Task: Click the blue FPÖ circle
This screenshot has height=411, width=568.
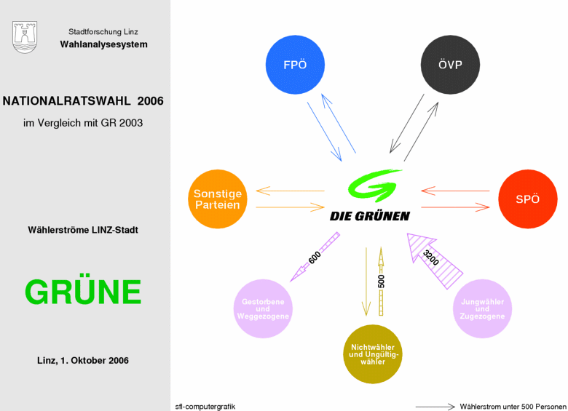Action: coord(295,65)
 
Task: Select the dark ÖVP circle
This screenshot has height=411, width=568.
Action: coord(450,65)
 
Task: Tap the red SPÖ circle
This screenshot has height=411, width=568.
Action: coord(528,199)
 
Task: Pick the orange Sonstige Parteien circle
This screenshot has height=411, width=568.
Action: coord(218,199)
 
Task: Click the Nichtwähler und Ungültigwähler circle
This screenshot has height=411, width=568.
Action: coord(373,354)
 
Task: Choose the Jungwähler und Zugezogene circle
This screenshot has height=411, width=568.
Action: coord(483,308)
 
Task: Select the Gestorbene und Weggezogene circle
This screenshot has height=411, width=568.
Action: coord(263,308)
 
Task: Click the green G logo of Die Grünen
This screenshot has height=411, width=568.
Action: coord(374,185)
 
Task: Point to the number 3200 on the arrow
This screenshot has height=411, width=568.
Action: coord(431,258)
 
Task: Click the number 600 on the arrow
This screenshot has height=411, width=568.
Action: coord(315,258)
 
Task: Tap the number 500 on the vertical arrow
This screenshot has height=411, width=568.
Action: coord(381,282)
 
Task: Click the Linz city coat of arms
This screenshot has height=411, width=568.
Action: coord(25,37)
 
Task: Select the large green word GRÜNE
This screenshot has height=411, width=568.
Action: coord(83,292)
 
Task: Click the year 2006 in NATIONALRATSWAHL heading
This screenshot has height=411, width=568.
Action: coord(150,100)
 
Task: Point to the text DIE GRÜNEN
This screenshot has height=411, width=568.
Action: coord(370,216)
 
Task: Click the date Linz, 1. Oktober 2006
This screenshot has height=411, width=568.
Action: coord(83,360)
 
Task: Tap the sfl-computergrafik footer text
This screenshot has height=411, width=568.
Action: coord(205,407)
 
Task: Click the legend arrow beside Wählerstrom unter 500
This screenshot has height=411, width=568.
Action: coord(435,407)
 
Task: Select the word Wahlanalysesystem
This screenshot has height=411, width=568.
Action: coord(104,44)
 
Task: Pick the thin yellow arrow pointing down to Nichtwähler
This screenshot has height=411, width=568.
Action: coord(366,282)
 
